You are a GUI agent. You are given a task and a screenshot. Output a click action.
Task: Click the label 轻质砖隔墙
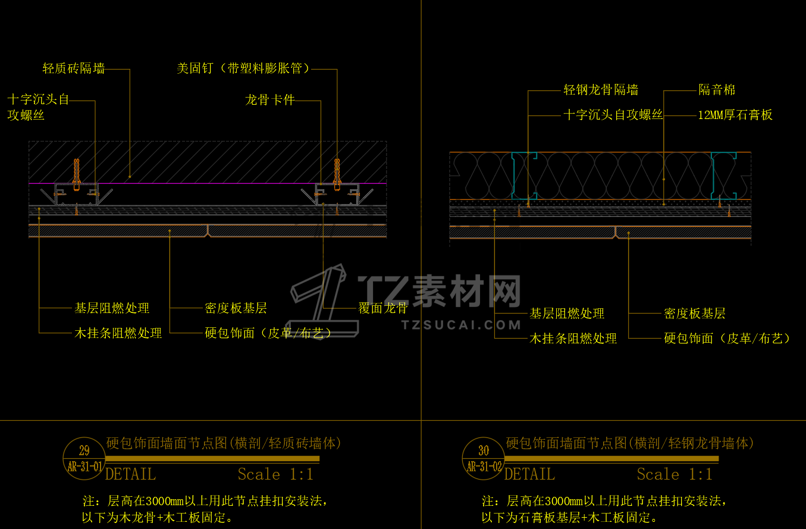(74, 68)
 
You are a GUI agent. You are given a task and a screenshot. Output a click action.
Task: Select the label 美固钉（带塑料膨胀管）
(243, 68)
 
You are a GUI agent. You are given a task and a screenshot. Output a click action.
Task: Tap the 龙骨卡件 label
(270, 100)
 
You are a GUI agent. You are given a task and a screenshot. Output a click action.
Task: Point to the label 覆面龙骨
(383, 308)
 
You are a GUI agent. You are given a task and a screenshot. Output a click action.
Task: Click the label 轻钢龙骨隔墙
(601, 90)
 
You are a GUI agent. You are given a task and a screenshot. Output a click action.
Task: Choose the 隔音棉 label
(717, 90)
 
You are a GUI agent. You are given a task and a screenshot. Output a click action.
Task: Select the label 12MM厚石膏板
(735, 115)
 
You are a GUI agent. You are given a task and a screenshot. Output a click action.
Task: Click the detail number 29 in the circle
(84, 450)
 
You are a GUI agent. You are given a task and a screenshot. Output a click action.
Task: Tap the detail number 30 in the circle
(484, 450)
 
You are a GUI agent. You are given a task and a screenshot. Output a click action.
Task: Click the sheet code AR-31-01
(85, 467)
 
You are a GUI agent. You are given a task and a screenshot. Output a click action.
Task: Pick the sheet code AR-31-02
(484, 467)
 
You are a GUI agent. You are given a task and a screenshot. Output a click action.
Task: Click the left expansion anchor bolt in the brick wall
(77, 174)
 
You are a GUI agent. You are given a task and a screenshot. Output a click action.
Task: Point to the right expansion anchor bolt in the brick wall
(337, 174)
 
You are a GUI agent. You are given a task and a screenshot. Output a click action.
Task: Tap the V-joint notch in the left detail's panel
(208, 231)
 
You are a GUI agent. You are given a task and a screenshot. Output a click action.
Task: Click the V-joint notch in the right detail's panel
(616, 233)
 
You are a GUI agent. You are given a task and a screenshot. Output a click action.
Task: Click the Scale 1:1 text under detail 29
(275, 474)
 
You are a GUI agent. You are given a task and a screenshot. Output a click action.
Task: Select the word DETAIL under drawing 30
(529, 474)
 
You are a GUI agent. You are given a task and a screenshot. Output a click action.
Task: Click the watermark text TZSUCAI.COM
(461, 325)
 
